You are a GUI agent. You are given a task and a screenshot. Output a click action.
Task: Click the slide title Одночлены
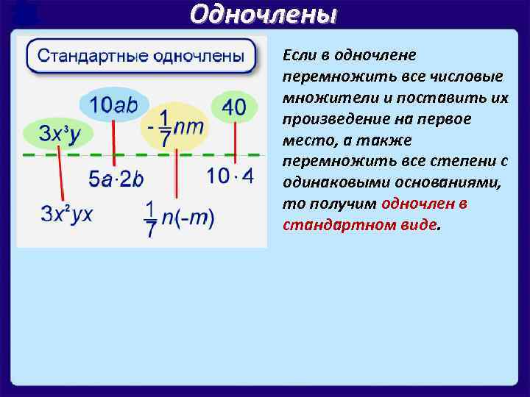[x=264, y=14]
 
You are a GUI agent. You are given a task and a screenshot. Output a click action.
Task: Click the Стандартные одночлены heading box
[x=141, y=55]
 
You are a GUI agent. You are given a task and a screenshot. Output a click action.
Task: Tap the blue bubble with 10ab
[x=114, y=105]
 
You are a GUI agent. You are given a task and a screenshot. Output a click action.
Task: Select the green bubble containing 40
[x=234, y=107]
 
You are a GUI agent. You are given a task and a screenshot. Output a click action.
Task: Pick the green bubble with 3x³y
[x=54, y=134]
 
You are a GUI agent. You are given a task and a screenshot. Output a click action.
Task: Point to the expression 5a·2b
[x=116, y=179]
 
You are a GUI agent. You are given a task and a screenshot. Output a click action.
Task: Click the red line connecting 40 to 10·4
[x=235, y=143]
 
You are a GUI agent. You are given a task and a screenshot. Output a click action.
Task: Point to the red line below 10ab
[x=113, y=143]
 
